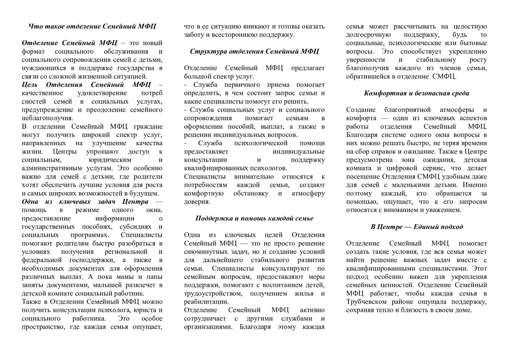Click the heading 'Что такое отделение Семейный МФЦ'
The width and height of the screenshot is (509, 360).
[x=92, y=26]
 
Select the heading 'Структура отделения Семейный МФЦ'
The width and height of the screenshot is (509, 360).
[x=254, y=51]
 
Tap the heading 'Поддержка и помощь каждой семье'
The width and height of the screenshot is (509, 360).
[x=254, y=218]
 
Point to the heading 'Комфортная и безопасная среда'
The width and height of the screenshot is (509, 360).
[x=416, y=93]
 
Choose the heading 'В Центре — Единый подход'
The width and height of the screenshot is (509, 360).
[x=416, y=227]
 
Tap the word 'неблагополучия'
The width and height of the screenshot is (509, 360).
[x=47, y=118]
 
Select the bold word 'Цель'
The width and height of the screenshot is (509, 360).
[x=29, y=85]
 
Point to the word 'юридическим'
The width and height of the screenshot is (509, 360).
[x=110, y=160]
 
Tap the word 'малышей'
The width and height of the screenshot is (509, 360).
[x=108, y=285]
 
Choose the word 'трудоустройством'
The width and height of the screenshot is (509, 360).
[x=213, y=294]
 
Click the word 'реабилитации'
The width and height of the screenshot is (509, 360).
[x=206, y=302]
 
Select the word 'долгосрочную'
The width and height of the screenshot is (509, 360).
[x=368, y=35]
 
